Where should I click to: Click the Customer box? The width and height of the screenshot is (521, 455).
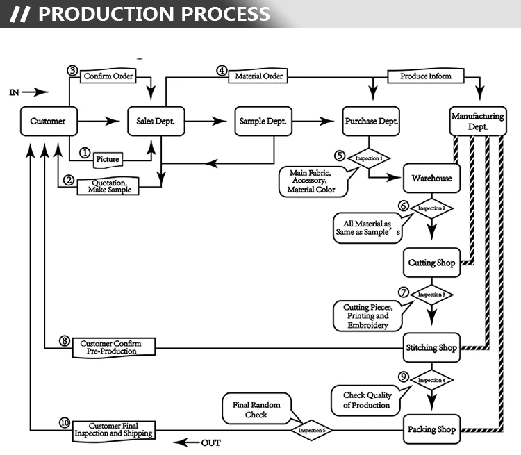tap(48, 122)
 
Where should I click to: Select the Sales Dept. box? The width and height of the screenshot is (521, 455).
tap(155, 122)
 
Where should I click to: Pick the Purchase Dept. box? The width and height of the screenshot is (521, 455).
tap(372, 121)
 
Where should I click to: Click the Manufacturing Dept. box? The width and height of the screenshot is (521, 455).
tap(478, 122)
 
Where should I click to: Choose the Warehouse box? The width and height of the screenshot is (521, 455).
tap(431, 179)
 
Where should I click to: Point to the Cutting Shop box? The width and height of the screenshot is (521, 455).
tap(431, 263)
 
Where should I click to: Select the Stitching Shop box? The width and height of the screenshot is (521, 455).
tap(431, 347)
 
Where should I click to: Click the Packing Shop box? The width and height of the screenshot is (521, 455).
tap(431, 429)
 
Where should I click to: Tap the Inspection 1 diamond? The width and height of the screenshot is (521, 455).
tap(369, 158)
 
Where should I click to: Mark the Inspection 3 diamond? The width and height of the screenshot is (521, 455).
tap(431, 295)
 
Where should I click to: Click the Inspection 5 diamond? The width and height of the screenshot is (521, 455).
tap(311, 430)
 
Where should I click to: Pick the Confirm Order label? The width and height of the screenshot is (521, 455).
tap(108, 76)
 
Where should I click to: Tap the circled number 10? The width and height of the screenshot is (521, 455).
tap(65, 422)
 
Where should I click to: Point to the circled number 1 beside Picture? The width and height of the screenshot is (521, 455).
tap(85, 152)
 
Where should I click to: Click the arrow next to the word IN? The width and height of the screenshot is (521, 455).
tap(39, 92)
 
